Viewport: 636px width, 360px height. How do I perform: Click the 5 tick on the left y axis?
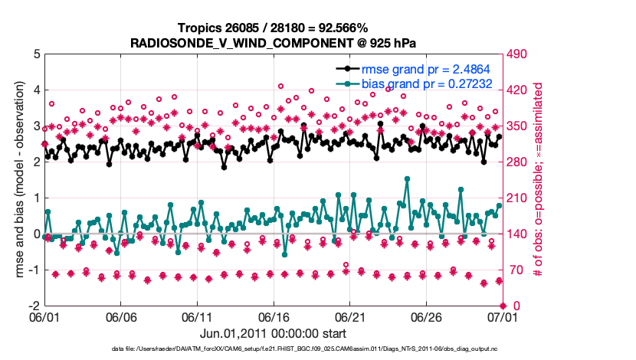(35, 54)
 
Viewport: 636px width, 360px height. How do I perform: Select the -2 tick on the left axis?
(33, 306)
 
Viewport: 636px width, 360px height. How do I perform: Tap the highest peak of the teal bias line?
(406, 179)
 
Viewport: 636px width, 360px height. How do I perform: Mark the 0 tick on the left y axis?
(35, 234)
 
